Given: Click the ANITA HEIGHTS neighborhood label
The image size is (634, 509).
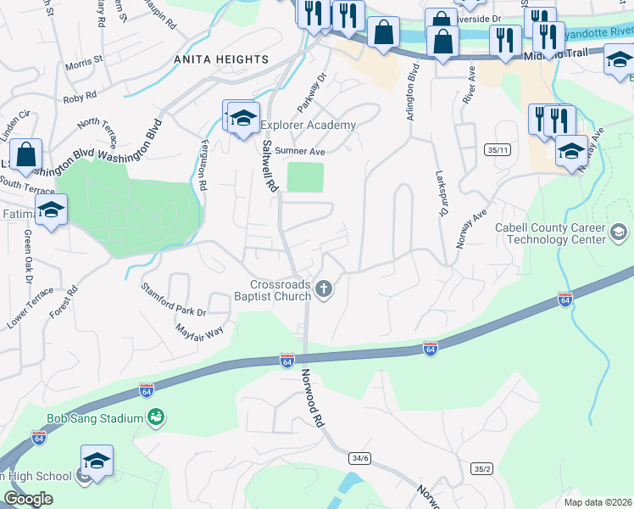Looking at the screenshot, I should pyautogui.click(x=220, y=60).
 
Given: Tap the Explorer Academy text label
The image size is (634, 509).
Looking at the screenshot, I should pyautogui.click(x=309, y=126).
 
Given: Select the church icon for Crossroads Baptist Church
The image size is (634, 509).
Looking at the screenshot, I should pyautogui.click(x=322, y=291).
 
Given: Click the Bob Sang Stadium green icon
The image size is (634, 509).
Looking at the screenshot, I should pyautogui.click(x=155, y=417).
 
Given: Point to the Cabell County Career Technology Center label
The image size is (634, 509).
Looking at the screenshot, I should pyautogui.click(x=556, y=233).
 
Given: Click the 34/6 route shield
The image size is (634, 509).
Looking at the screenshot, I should pyautogui.click(x=359, y=458).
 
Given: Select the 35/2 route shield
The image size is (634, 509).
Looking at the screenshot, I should pyautogui.click(x=481, y=468).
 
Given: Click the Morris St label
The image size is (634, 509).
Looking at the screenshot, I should pyautogui.click(x=83, y=61).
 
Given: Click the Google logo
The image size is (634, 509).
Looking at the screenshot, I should pyautogui.click(x=28, y=499).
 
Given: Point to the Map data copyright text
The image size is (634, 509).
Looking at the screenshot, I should pyautogui.click(x=597, y=502).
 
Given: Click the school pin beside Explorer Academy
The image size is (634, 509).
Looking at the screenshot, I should pyautogui.click(x=242, y=119).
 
